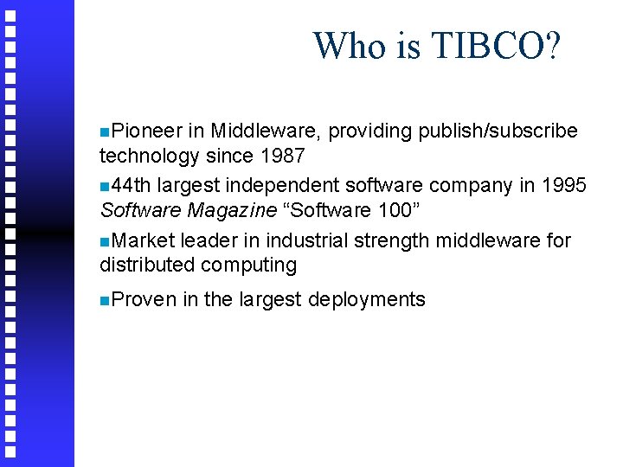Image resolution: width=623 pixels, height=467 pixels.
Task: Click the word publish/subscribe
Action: click(x=498, y=131)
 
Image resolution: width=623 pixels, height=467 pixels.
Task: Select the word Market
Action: click(x=143, y=240)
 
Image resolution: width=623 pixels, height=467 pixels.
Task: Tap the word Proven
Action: click(x=143, y=299)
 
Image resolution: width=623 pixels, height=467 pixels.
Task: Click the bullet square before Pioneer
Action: click(x=104, y=131)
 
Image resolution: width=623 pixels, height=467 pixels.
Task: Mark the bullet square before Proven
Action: click(x=104, y=300)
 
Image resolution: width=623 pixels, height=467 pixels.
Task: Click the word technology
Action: click(x=150, y=156)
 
